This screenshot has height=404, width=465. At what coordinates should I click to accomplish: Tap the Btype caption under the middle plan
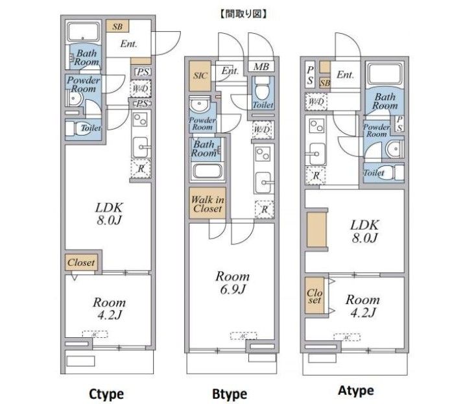coord(230,394)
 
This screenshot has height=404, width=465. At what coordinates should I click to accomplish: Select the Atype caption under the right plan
coord(355,391)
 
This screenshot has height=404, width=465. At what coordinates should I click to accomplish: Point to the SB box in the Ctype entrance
coord(117,27)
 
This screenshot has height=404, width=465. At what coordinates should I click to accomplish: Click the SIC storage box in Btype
coord(200,75)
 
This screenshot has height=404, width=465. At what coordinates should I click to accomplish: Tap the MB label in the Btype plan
coord(261,67)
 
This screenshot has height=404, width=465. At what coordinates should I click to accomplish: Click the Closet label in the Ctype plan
coord(81,263)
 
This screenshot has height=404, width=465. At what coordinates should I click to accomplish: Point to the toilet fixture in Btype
coord(263,90)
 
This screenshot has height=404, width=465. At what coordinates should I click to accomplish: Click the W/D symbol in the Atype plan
coord(316,102)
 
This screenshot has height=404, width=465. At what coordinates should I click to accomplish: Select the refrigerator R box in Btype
coord(263,209)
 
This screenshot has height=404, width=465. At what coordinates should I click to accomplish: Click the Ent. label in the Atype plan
coord(345,75)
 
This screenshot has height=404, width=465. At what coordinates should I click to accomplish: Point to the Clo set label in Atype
coord(315,296)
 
